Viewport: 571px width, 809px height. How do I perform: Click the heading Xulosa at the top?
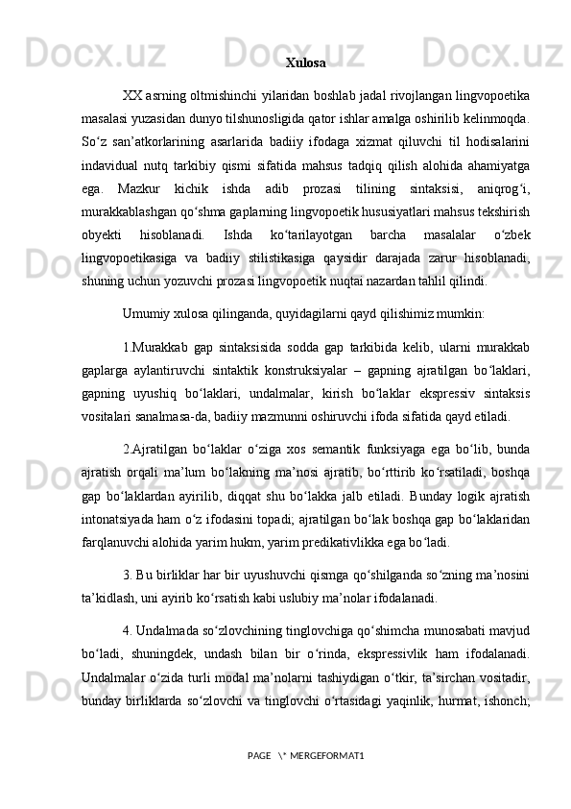pos(305,63)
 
